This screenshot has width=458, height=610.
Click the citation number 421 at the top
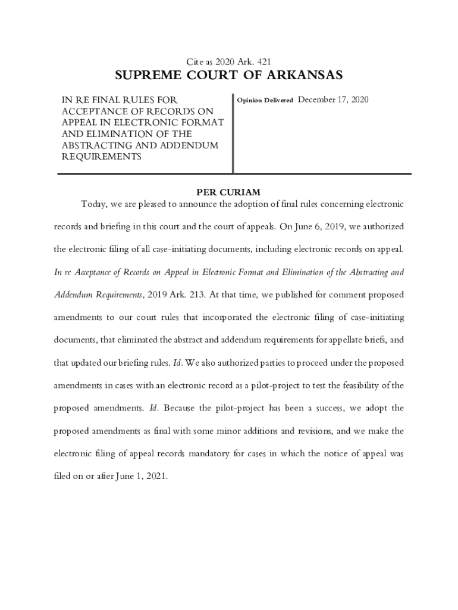264,61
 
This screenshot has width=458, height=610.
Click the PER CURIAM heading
228,192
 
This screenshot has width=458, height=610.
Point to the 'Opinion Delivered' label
265,101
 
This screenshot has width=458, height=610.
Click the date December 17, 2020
333,99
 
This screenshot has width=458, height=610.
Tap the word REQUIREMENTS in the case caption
102,157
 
